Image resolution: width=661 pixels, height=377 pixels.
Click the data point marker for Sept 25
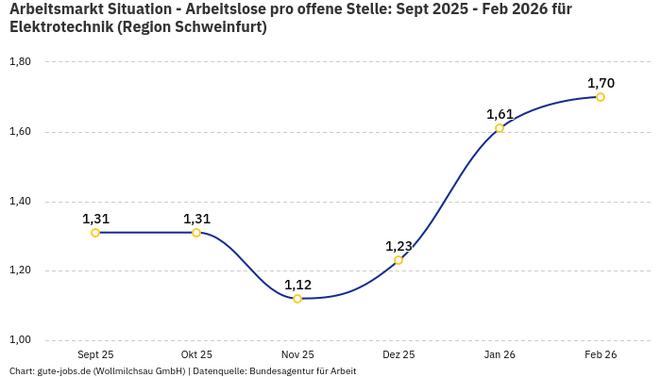[x=95, y=233]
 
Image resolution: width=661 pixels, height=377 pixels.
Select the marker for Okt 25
[x=196, y=233]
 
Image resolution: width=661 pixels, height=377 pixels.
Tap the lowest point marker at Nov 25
[x=297, y=299]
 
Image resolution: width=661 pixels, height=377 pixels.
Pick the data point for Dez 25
[x=398, y=260]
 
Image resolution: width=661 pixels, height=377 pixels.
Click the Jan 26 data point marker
[x=500, y=128]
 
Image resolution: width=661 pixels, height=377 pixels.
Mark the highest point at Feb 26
[x=601, y=97]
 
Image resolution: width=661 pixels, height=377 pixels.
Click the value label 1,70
[x=601, y=83]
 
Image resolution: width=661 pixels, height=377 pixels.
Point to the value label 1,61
[x=500, y=114]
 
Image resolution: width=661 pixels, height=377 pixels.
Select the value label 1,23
[x=398, y=246]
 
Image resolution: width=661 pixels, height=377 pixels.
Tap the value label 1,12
[x=297, y=285]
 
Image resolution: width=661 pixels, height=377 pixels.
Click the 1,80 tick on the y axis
[x=20, y=62]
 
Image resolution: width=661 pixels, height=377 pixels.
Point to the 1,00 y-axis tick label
[x=20, y=340]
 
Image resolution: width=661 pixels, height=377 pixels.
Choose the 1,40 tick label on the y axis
[x=20, y=202]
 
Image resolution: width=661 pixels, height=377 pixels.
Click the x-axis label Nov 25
[x=297, y=354]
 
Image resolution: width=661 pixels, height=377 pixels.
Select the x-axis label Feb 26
[x=601, y=354]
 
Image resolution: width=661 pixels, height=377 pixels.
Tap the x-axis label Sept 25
[x=95, y=354]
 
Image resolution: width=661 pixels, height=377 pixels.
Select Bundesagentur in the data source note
[x=280, y=371]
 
